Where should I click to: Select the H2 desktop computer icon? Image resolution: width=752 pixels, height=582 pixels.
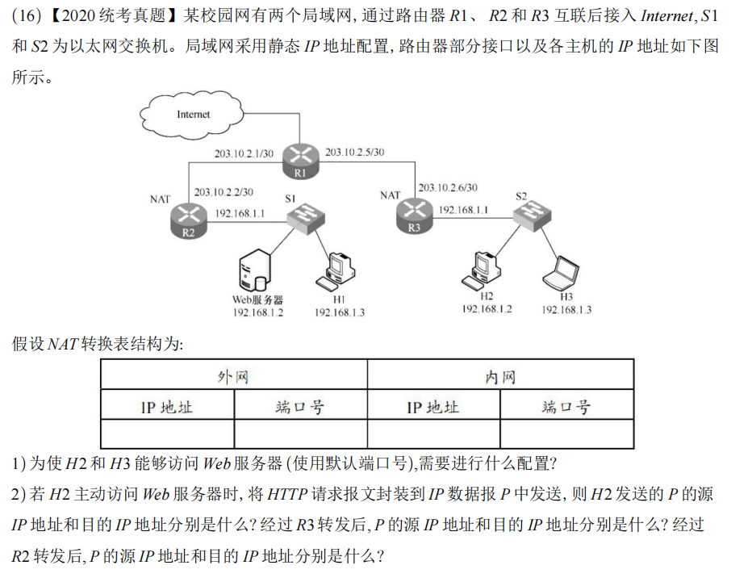[483, 270]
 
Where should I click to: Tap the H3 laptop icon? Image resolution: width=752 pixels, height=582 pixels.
[562, 273]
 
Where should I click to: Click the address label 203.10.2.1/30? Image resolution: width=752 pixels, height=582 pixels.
[243, 153]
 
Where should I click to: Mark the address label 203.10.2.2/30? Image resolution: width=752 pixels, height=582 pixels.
[224, 192]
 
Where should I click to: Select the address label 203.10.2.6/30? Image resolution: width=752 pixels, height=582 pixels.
[447, 187]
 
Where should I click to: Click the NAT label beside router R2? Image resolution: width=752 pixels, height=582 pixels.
[161, 198]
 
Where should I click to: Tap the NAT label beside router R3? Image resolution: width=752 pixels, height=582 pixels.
[391, 195]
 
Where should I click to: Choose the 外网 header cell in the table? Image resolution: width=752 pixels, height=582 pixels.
[233, 376]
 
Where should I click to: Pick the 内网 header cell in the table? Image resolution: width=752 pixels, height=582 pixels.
[499, 376]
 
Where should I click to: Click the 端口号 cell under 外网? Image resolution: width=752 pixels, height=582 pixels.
[300, 406]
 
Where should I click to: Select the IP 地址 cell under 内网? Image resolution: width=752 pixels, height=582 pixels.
[432, 406]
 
